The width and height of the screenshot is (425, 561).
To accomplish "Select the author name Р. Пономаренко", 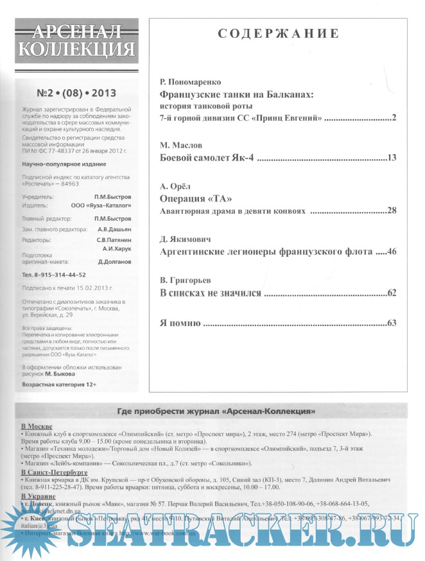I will (x=189, y=82).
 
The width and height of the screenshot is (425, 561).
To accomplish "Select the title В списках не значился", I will (x=210, y=293).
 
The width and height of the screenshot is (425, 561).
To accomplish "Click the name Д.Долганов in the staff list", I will (x=115, y=262).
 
